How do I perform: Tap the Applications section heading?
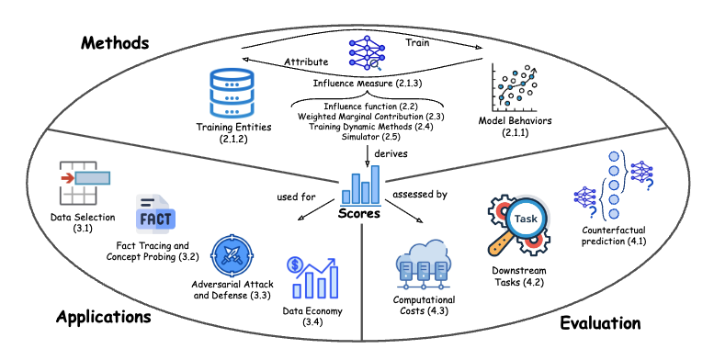103,317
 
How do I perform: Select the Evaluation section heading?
602,322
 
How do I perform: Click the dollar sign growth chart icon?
308,278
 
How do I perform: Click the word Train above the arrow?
422,42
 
